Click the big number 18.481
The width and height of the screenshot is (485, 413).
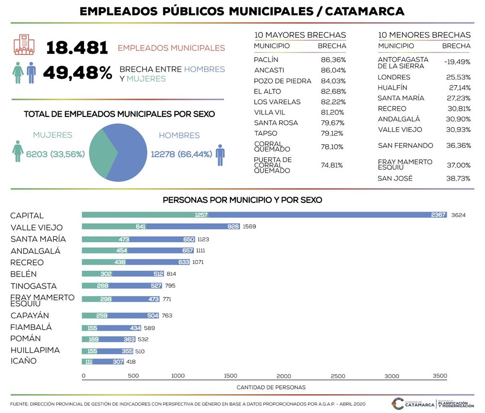[x=77, y=48]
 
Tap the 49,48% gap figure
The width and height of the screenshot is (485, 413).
[x=77, y=73]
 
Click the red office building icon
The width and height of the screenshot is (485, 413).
[x=24, y=45]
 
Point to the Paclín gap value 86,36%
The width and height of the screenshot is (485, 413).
[x=333, y=60]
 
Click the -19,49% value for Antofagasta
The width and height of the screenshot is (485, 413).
[x=457, y=62]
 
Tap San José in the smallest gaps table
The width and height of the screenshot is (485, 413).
[x=395, y=178]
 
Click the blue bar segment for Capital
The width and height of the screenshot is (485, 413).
[x=327, y=215]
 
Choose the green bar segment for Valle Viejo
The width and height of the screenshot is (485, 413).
[x=114, y=226]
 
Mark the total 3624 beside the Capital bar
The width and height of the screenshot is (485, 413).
[x=458, y=215]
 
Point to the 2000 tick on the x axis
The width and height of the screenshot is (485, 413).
[x=284, y=376]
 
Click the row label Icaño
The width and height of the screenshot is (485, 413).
[x=23, y=361]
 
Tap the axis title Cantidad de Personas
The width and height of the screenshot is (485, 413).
[x=271, y=387]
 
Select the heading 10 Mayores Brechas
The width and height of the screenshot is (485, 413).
[x=300, y=35]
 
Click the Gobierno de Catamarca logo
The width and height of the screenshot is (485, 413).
[x=413, y=404]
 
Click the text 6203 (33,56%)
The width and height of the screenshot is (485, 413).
[x=55, y=154]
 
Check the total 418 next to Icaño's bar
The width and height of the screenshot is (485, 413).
[x=131, y=362]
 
